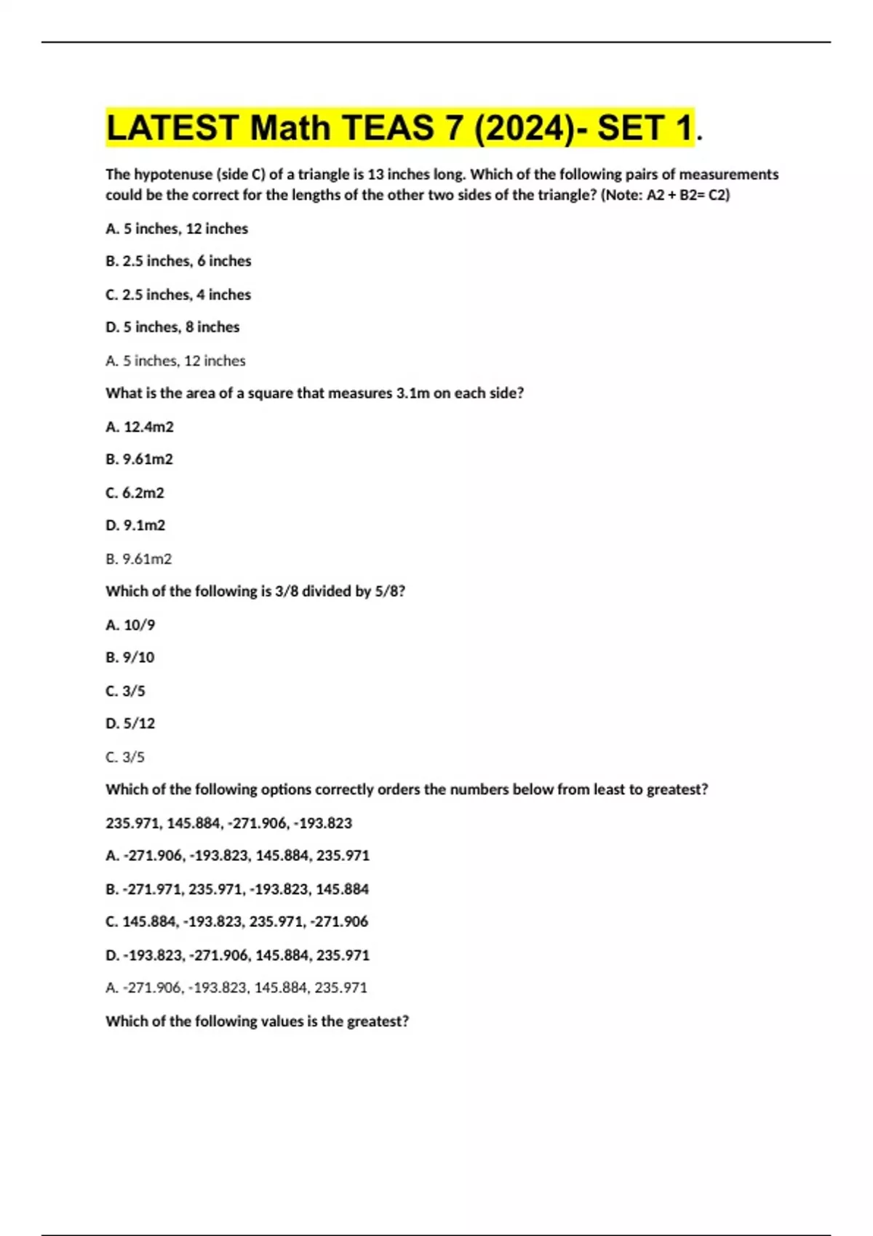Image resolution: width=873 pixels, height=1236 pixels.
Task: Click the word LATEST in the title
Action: (172, 128)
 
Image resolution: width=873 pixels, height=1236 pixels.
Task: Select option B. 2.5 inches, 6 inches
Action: (178, 261)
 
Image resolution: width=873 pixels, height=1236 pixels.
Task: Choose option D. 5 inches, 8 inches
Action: (172, 327)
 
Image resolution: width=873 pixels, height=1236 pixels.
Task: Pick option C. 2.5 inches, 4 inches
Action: (178, 294)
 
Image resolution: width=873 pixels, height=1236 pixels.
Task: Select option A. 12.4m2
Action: (140, 427)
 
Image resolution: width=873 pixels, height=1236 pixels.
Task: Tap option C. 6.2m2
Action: (135, 493)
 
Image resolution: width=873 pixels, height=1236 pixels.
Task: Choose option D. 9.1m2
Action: (135, 525)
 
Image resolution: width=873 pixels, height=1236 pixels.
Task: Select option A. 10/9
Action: (130, 625)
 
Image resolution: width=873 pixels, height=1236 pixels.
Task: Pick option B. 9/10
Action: (130, 657)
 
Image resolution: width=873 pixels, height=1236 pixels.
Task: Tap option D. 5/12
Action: (130, 723)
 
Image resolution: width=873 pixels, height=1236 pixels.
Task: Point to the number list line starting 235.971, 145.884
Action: (228, 823)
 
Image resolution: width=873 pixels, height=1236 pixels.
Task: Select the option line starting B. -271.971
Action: (237, 889)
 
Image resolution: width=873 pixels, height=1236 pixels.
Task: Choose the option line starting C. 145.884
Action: (237, 922)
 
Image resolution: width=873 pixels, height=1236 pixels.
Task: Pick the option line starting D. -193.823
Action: (237, 955)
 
